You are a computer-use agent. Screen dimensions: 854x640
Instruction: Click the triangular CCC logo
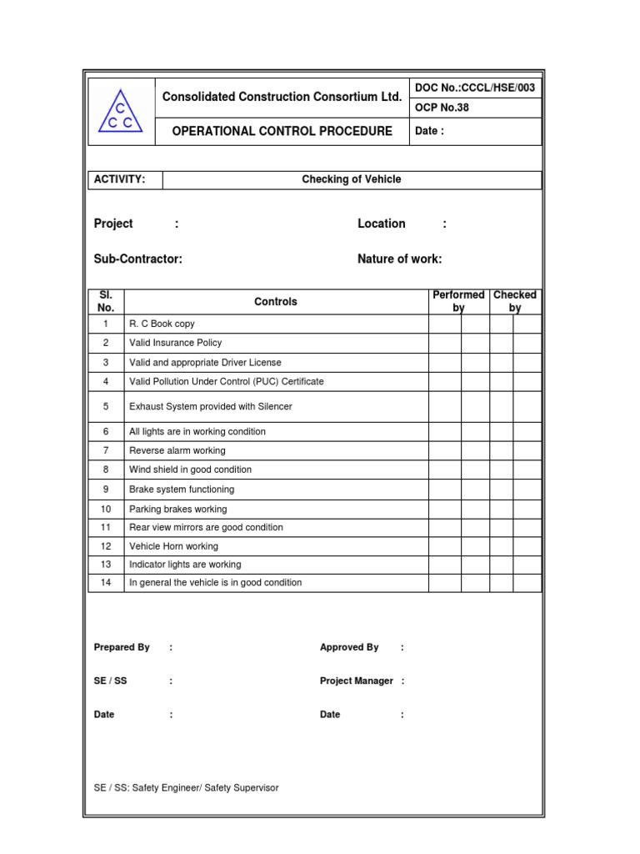coord(121,113)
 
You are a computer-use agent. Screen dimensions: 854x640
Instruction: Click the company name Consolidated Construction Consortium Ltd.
coord(282,97)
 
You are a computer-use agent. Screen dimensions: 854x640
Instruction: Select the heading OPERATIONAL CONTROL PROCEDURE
coord(282,131)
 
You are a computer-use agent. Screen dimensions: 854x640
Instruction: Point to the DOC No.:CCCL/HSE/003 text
coord(474,88)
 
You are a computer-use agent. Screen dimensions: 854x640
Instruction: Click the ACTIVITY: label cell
coord(120,179)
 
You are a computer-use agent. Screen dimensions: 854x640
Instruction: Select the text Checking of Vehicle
coord(351,179)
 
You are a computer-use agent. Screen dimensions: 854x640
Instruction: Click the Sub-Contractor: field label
coord(138,259)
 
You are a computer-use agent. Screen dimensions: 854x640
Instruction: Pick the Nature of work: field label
coord(399,259)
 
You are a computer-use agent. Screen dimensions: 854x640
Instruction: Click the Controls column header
coord(275,302)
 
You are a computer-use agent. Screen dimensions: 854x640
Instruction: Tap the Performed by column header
coord(458,301)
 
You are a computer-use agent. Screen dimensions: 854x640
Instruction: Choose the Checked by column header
coord(515,301)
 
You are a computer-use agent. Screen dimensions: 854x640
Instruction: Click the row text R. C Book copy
coord(162,324)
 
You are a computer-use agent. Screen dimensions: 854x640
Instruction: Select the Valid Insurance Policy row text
coord(175,343)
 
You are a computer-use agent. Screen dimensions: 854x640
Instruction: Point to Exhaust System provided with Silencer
coord(210,407)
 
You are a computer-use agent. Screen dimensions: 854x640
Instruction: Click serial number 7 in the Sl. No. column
coord(106,450)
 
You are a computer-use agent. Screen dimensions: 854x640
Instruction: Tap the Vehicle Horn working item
coord(173,546)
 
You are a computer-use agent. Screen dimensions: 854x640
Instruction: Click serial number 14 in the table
coord(106,583)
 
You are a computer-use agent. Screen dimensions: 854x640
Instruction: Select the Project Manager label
coord(356,681)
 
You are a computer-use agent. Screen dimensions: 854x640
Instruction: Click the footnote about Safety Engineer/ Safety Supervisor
coord(187,788)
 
